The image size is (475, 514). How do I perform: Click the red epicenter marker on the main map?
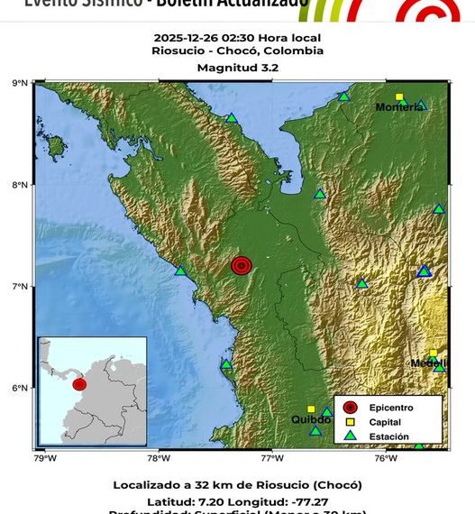pyautogui.click(x=241, y=265)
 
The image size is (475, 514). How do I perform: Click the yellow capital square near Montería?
pyautogui.click(x=399, y=96)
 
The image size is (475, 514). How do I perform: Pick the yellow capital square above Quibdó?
pyautogui.click(x=311, y=409)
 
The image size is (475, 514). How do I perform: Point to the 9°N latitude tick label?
pyautogui.click(x=20, y=83)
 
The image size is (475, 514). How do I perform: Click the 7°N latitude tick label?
pyautogui.click(x=20, y=287)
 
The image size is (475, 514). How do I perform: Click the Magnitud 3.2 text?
pyautogui.click(x=238, y=67)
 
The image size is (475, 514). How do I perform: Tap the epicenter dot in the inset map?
pyautogui.click(x=79, y=384)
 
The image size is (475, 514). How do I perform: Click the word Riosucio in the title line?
pyautogui.click(x=177, y=51)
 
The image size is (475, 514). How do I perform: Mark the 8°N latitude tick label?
pyautogui.click(x=20, y=185)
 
